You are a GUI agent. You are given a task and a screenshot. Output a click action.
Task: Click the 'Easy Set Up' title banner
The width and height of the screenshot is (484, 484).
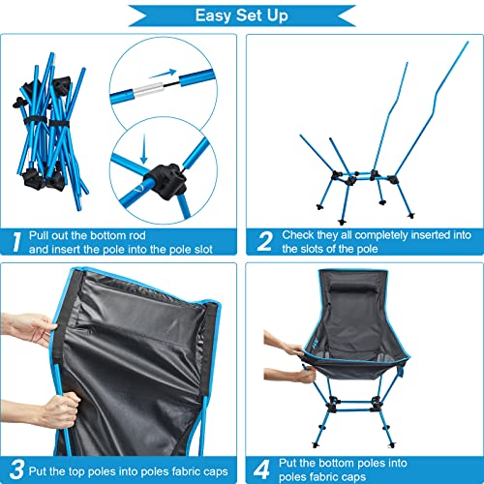coord(242,15)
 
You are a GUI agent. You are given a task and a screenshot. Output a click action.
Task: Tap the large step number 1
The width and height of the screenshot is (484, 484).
coord(16,240)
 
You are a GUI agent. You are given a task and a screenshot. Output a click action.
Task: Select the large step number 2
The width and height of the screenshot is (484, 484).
coord(261,240)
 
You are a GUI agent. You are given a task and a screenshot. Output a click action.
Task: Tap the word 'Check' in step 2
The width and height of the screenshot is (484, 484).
coord(299,233)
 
